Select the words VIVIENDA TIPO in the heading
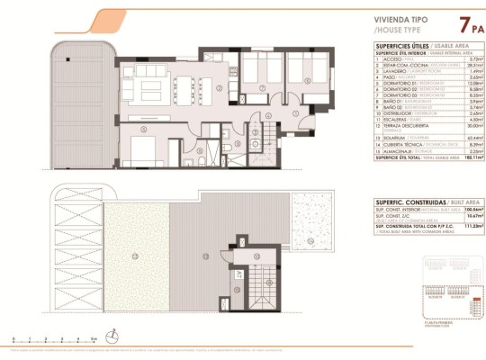[x=375, y=18]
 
